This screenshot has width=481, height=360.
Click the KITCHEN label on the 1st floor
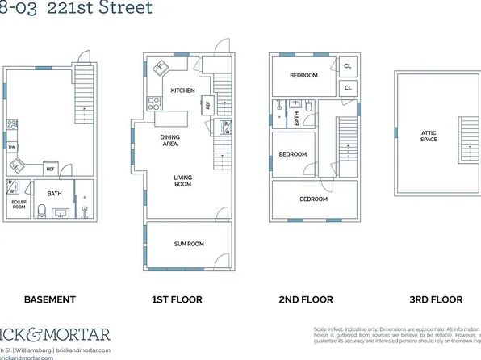tap(182, 90)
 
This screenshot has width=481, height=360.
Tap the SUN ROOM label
tap(189, 243)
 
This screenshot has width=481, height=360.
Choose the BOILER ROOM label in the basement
tap(19, 204)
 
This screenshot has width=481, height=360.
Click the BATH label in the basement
tap(54, 194)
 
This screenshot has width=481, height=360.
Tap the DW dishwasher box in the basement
tap(12, 148)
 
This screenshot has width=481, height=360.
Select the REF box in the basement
tap(50, 169)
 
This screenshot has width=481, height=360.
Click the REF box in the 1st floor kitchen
tap(207, 104)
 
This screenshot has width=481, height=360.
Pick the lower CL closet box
tap(348, 87)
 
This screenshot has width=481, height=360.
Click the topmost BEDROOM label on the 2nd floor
tap(303, 75)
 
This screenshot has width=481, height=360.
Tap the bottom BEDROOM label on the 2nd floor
tap(313, 199)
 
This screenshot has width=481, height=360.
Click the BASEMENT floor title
tap(49, 299)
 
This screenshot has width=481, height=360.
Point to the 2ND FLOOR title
tap(306, 299)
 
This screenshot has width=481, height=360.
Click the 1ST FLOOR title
tap(178, 299)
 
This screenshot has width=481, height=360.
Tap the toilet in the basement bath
tap(86, 211)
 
